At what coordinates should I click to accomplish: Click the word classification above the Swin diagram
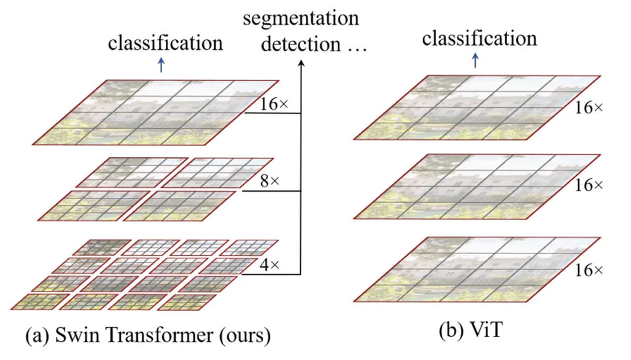(x=165, y=43)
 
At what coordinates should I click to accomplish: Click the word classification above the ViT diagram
(x=479, y=38)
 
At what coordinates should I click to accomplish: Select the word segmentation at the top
(x=301, y=18)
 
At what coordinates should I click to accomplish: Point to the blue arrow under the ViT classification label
(x=475, y=60)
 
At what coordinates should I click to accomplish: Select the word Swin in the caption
(x=73, y=338)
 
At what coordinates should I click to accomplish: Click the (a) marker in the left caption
(x=35, y=338)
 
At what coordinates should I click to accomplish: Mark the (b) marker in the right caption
(x=450, y=331)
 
